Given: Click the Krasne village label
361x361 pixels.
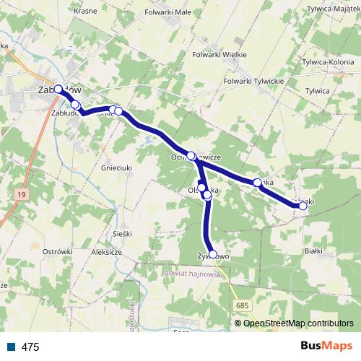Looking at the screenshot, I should pos(85,12).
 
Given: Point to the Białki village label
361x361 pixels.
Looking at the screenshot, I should pos(313,251).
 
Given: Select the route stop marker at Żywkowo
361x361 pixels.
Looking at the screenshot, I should pos(212,254).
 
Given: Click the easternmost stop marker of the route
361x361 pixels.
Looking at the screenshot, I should pos(303,206).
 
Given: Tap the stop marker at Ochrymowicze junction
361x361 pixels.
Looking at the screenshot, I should pos(191,155).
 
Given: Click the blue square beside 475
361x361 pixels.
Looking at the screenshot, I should pos(11,347).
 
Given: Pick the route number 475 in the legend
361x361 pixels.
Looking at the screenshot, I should pos(30,347).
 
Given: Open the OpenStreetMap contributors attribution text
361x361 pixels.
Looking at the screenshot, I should pos(298,323).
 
